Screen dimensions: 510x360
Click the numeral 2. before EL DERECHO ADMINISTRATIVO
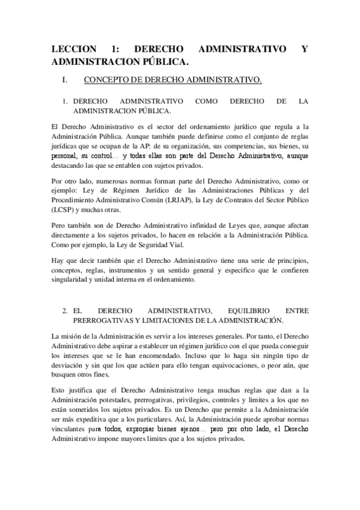64,311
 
